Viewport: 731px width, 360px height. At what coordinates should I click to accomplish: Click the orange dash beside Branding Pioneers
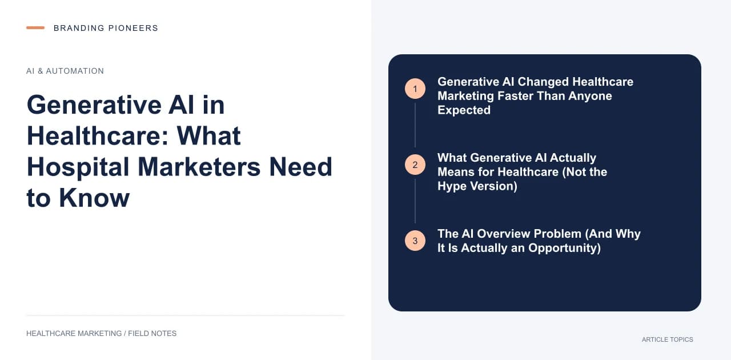click(35, 28)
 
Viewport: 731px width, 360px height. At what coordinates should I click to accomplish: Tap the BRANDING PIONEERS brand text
click(106, 28)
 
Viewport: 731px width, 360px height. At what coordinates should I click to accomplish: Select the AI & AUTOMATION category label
click(65, 71)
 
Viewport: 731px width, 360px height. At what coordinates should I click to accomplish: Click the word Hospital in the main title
click(78, 167)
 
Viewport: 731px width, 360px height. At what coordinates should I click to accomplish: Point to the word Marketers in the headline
click(199, 167)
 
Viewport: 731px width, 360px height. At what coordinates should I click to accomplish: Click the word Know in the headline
click(94, 198)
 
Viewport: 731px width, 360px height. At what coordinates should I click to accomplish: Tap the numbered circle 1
click(415, 89)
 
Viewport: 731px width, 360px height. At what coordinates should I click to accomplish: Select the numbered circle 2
click(415, 165)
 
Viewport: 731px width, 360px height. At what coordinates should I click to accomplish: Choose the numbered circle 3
click(415, 241)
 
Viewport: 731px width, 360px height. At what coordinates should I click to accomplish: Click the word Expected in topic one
click(464, 110)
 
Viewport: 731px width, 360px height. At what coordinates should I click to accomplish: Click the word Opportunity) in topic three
click(565, 248)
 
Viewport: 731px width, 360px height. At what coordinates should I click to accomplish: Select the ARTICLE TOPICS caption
click(668, 339)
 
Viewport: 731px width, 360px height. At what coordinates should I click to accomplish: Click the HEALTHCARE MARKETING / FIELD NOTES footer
click(101, 333)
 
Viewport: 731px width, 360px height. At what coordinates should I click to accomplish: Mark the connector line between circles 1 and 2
click(415, 125)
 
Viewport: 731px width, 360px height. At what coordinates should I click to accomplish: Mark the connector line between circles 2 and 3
click(415, 201)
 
